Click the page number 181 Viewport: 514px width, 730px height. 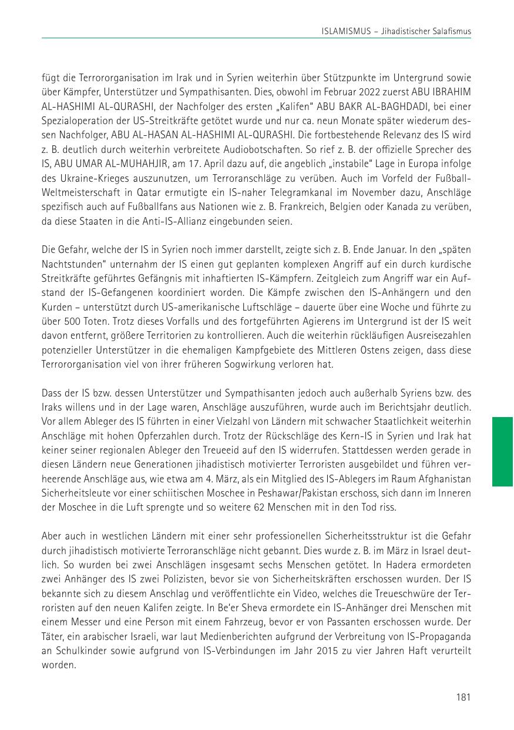pos(463,697)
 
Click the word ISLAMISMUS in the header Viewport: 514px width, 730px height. pos(345,30)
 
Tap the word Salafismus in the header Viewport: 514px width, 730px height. pos(451,30)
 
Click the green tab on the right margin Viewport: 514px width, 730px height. pos(502,452)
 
